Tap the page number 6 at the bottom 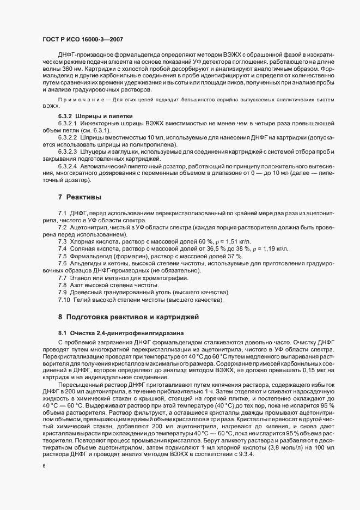point(44,467)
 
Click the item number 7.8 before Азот point(63,286)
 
